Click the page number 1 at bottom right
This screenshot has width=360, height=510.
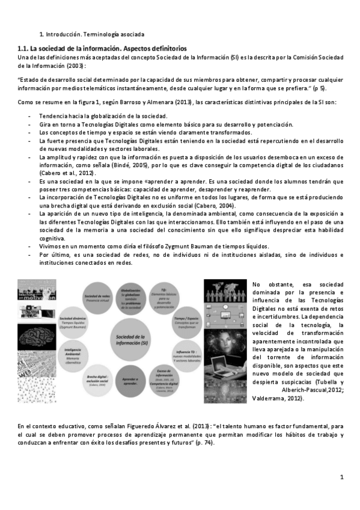point(341,478)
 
